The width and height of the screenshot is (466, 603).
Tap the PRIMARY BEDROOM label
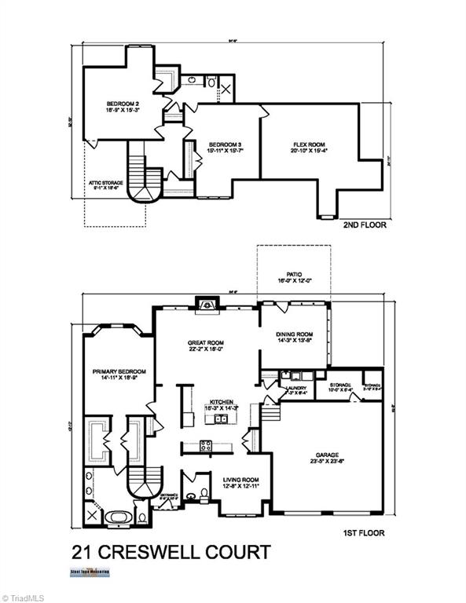pos(116,372)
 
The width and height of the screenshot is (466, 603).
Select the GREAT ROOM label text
pos(207,342)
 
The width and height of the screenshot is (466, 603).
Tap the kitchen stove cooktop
pos(207,446)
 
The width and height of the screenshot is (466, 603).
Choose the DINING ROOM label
pos(295,334)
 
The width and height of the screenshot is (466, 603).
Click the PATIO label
pos(294,276)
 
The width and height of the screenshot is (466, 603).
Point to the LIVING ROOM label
pos(241,480)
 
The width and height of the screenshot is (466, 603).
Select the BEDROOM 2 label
pos(123,104)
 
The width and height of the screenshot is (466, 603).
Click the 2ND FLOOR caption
pos(365,225)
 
